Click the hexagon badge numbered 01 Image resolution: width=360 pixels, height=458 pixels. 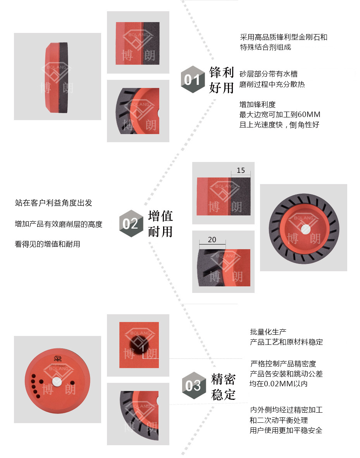click(x=193, y=79)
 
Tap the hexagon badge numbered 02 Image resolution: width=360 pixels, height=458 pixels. click(x=131, y=224)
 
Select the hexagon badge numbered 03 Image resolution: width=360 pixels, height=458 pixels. click(x=194, y=385)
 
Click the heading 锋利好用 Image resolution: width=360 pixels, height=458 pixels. click(x=222, y=80)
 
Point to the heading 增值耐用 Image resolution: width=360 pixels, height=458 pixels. click(x=160, y=224)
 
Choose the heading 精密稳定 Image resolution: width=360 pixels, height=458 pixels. click(x=223, y=387)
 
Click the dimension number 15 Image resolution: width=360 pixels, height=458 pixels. click(x=241, y=170)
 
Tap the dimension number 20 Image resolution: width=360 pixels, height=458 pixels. click(x=212, y=239)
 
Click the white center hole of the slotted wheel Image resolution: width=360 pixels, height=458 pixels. click(x=306, y=229)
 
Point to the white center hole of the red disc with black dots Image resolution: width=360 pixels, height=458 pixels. click(x=57, y=382)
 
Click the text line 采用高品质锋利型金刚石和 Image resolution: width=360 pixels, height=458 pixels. click(x=283, y=37)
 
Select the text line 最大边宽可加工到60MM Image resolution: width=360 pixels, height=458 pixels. click(x=280, y=115)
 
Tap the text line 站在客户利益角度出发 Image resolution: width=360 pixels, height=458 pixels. click(x=53, y=203)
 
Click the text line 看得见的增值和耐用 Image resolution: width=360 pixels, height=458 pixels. click(x=47, y=244)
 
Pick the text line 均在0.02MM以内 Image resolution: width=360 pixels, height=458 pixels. click(x=279, y=384)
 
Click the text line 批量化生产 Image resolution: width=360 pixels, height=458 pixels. click(x=268, y=332)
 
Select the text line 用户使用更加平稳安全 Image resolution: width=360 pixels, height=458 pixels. click(x=286, y=430)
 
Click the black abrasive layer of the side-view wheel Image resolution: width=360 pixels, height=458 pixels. click(x=64, y=77)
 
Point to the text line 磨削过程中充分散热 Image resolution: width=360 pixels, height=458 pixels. click(x=272, y=84)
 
